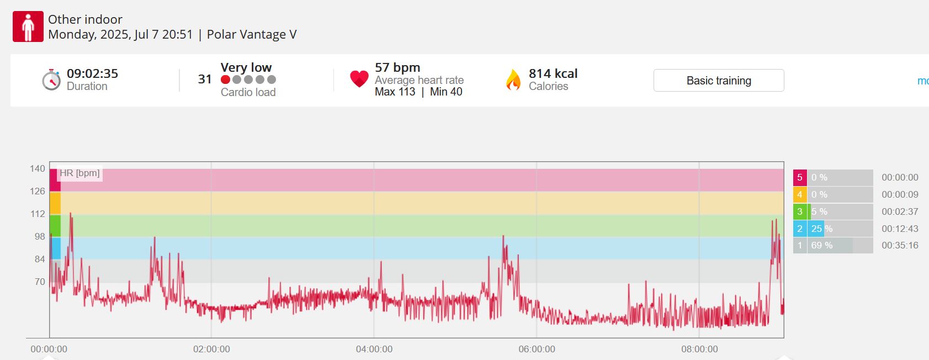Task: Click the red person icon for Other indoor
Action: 28,27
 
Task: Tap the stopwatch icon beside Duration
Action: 51,80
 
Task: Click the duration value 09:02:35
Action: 93,73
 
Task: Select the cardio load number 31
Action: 205,79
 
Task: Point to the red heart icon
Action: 359,78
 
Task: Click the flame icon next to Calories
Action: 513,80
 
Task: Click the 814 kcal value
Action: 553,73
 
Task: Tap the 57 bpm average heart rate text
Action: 397,67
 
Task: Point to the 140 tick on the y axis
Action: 38,168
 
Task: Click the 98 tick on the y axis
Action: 40,236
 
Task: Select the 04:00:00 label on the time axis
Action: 374,349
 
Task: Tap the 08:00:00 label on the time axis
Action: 699,349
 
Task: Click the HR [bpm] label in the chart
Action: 79,173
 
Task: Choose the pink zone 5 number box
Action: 800,177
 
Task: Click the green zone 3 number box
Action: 800,211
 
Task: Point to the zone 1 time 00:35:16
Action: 900,245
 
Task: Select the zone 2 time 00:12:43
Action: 900,229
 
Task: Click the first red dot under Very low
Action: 225,80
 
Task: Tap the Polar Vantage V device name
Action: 252,34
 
